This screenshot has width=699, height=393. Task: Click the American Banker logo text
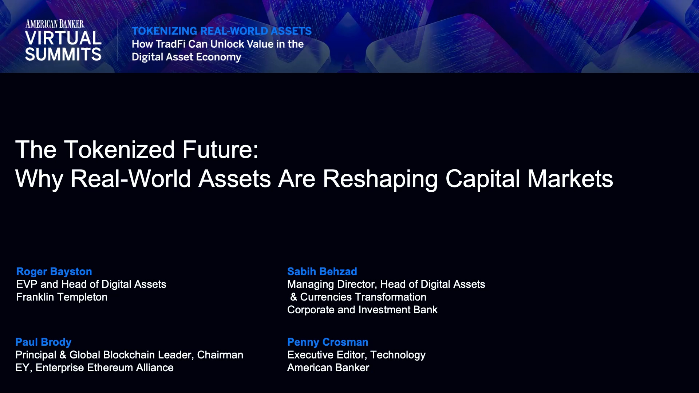[x=55, y=24]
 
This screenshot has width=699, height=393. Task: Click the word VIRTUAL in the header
[x=63, y=38]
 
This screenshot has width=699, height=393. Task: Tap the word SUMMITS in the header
[x=63, y=55]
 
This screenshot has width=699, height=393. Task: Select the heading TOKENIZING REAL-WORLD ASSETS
[x=221, y=31]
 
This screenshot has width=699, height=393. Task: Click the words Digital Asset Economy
[x=186, y=57]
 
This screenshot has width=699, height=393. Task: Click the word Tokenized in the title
[x=119, y=150]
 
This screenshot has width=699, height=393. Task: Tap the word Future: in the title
[x=220, y=150]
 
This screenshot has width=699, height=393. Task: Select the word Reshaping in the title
[x=380, y=179]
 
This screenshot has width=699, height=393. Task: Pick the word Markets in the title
[x=570, y=179]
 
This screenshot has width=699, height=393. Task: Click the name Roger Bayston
[x=54, y=271]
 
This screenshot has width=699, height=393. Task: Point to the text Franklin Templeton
[x=62, y=297]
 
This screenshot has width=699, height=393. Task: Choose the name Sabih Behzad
[x=322, y=271]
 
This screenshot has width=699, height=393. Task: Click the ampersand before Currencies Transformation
[x=293, y=297]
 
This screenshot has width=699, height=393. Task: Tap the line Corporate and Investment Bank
[x=362, y=310]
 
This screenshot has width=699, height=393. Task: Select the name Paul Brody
[x=43, y=342]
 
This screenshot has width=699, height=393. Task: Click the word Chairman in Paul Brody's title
[x=220, y=355]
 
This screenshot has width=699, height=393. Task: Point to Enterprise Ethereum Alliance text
[x=104, y=368]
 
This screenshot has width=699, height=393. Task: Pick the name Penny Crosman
[x=328, y=342]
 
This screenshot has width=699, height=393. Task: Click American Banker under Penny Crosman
[x=328, y=368]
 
